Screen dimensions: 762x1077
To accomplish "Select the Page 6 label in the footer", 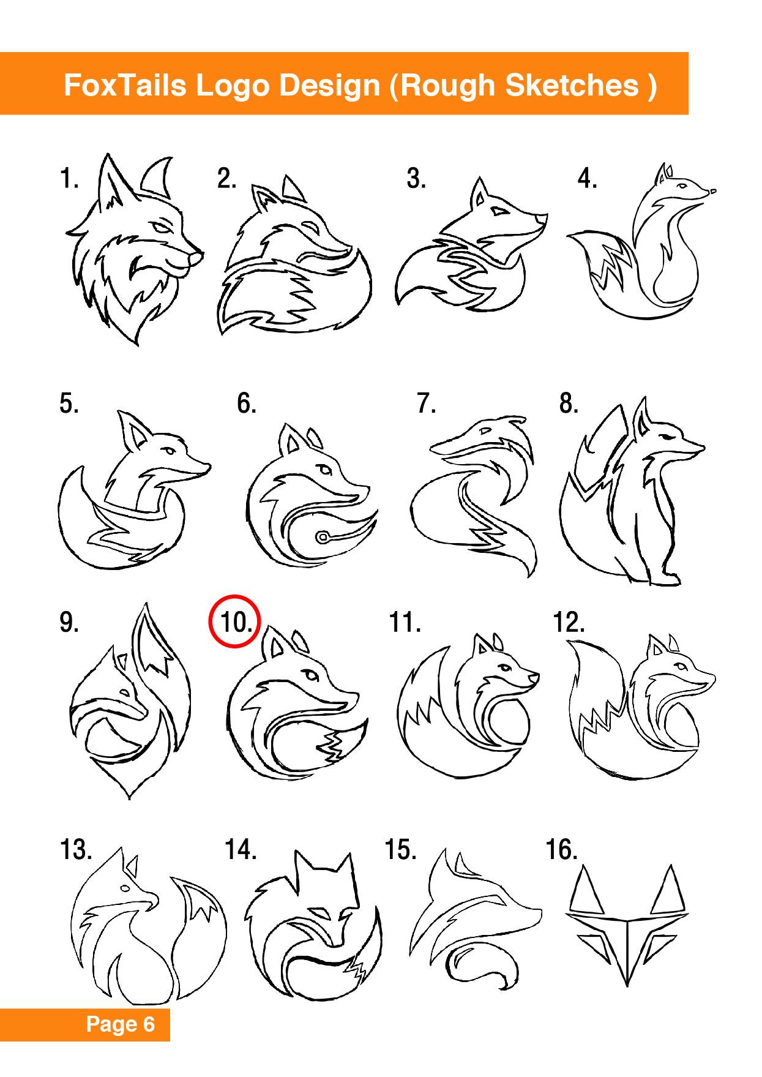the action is coord(121,1024).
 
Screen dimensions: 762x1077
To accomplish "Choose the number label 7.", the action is coord(426,403).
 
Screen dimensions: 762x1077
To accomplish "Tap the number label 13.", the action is coord(76,850).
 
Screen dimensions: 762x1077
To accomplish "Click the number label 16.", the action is coord(561,850).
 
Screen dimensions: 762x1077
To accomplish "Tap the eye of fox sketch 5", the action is coord(168,451).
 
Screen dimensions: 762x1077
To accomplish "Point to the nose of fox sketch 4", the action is coord(711,192).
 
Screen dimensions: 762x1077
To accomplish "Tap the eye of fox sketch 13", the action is coord(125,887).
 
